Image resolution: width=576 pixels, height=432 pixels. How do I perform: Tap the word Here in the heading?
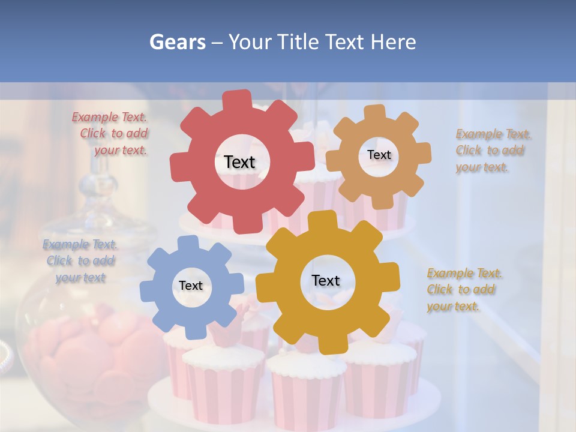394,42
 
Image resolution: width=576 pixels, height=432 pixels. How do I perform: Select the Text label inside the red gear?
239,162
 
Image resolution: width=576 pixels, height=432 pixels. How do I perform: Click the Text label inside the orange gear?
379,155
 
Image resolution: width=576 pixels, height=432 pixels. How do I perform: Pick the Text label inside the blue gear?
191,286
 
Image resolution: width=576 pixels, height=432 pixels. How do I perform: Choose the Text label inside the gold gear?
326,280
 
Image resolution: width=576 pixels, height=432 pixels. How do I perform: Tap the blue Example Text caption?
80,261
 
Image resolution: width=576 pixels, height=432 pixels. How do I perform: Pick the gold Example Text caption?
463,290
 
